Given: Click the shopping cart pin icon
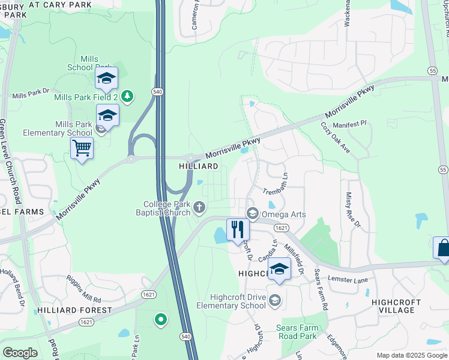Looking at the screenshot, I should click(82, 148).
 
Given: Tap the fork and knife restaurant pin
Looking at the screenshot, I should click(238, 229).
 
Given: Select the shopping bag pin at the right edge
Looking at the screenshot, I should click(443, 248).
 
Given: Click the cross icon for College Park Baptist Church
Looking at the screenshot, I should click(199, 208).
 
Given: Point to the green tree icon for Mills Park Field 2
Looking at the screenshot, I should click(127, 95).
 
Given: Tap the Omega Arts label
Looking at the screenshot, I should click(285, 214).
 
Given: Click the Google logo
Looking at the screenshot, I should click(20, 353).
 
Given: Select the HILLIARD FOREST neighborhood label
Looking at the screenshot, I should click(74, 310).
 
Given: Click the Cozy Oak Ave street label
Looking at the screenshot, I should click(335, 137).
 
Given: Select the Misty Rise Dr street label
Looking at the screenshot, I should click(352, 209).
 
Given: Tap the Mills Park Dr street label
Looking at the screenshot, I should click(31, 94).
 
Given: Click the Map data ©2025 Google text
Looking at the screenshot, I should click(411, 355).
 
